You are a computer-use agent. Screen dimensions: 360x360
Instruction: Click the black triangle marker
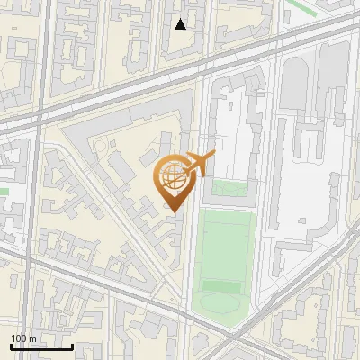(181, 24)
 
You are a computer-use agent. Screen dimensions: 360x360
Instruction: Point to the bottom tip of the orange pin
(171, 212)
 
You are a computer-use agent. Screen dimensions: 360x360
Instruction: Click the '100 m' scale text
(23, 338)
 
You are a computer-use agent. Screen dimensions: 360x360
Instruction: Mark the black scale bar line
(41, 347)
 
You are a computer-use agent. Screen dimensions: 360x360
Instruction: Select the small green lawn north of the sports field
(227, 190)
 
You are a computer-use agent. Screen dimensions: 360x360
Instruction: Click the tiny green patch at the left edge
(4, 191)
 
